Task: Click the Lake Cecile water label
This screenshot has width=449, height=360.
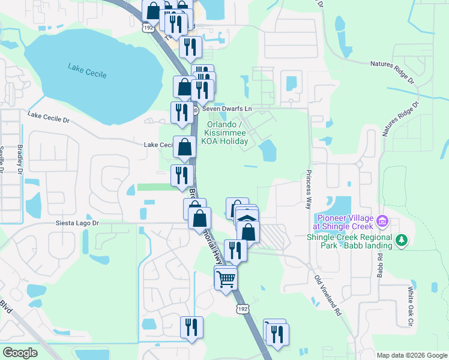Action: [87, 71]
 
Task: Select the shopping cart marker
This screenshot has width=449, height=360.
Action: [226, 278]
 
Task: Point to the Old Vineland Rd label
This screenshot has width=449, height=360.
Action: [328, 296]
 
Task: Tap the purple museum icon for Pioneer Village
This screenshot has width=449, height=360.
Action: [382, 223]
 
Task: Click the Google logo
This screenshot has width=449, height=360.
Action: [20, 353]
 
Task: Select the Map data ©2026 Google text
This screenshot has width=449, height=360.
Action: [412, 355]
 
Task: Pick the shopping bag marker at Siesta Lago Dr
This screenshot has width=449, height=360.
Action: [199, 218]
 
